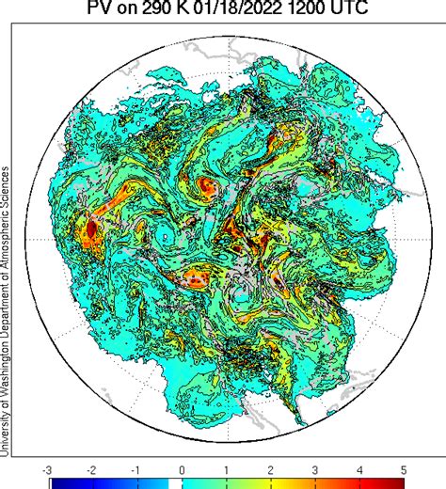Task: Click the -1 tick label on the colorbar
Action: [137, 467]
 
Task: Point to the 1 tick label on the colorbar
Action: [227, 467]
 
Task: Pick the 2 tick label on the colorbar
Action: [271, 467]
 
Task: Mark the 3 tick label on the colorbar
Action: [315, 467]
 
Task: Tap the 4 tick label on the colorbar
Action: [360, 467]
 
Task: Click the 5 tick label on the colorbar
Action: [405, 467]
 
